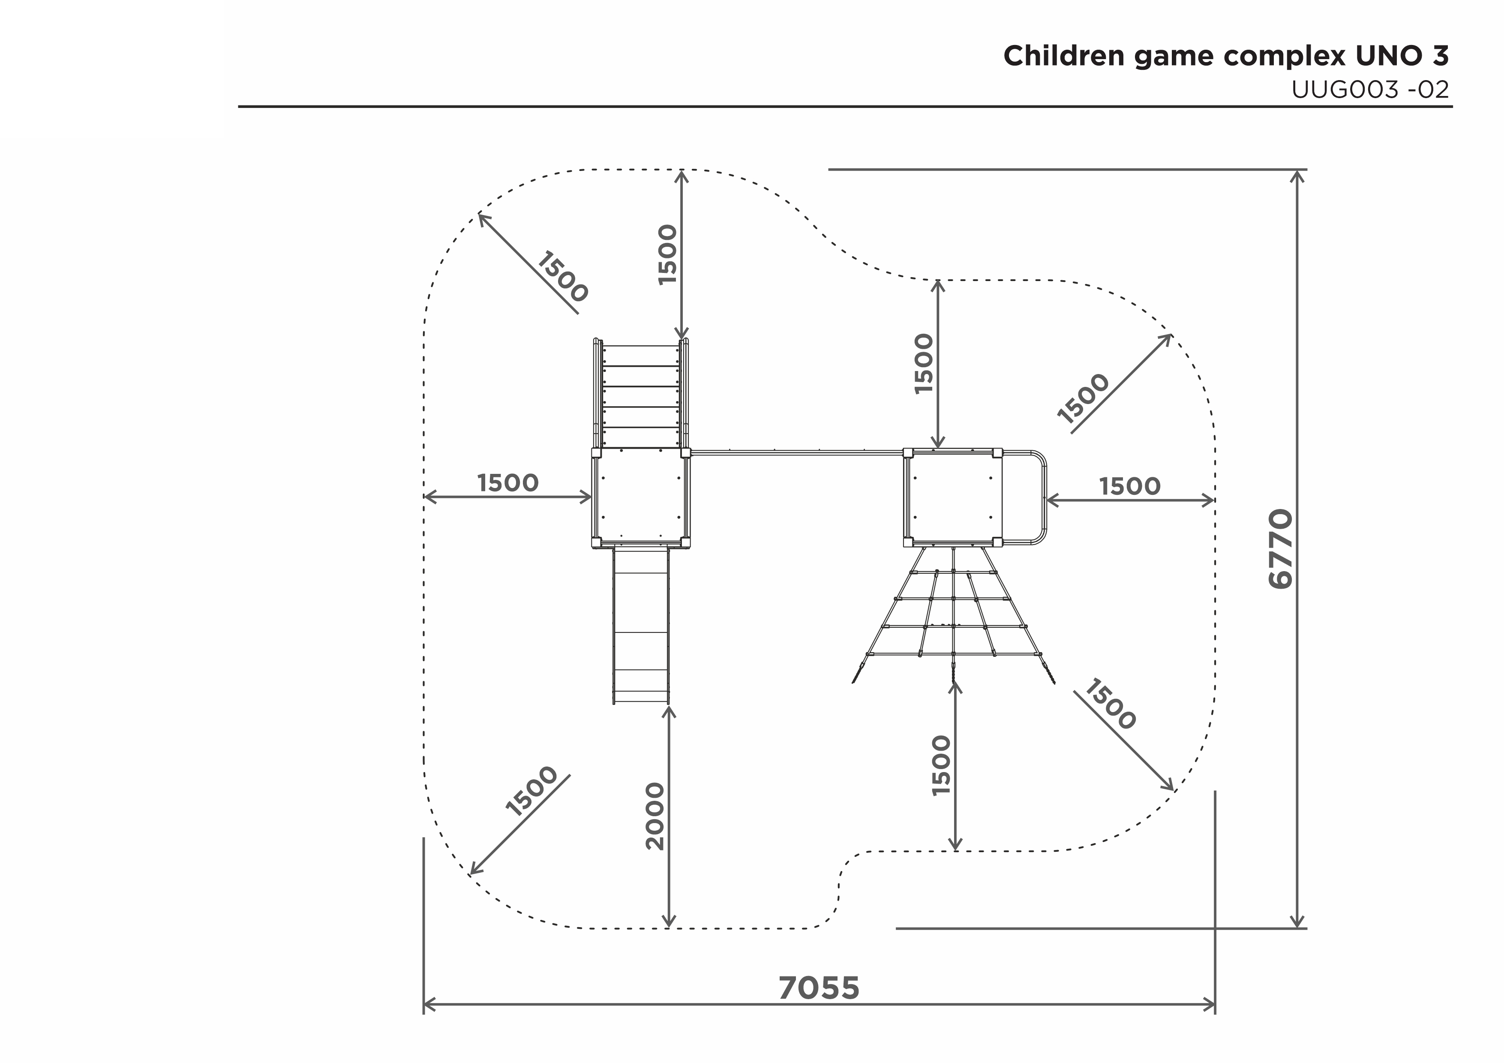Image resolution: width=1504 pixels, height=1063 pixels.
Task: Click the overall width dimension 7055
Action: point(819,988)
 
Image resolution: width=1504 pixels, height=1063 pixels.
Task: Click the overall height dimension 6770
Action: point(1281,549)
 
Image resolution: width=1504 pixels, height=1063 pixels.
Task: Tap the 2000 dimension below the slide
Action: point(655,816)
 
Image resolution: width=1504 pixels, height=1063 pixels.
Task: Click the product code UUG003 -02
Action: point(1370,90)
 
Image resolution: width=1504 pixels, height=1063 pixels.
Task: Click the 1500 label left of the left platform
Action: point(507,483)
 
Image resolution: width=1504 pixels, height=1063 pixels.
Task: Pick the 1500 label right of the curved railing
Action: point(1129,487)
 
